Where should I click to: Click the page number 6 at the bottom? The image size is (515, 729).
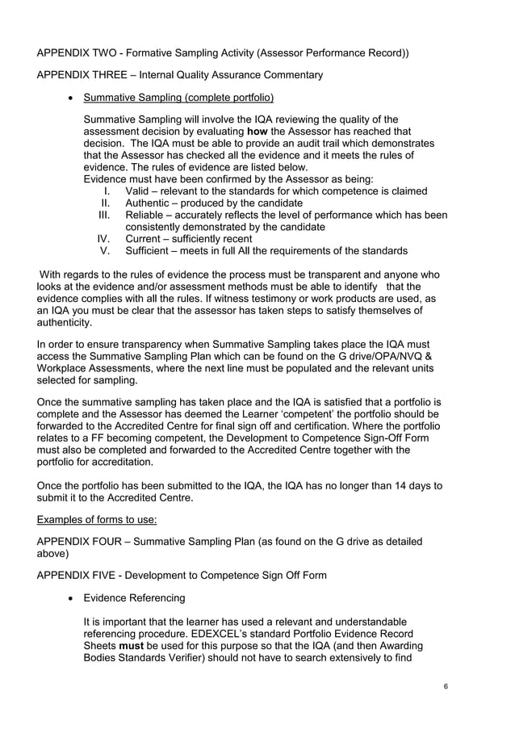[x=446, y=686]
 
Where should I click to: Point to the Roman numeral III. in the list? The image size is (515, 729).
[x=104, y=216]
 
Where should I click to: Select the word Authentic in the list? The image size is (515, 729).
[x=149, y=203]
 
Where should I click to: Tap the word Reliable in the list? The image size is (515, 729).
[x=147, y=216]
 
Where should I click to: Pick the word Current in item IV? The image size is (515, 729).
[x=145, y=239]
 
